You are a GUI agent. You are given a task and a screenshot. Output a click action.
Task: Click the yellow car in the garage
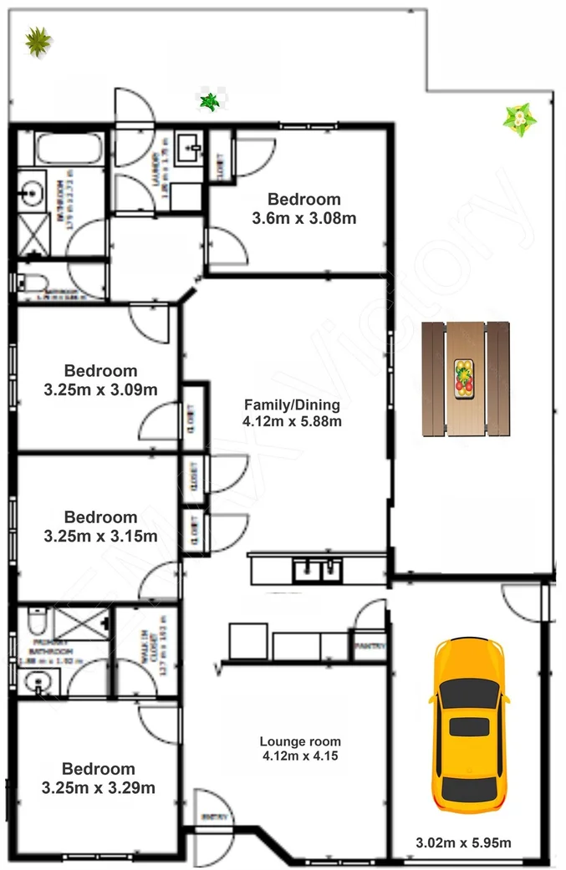coord(467,725)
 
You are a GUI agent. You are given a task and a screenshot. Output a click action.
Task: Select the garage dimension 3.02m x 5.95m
coord(464,842)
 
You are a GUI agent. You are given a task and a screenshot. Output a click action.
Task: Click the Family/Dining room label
coord(291,405)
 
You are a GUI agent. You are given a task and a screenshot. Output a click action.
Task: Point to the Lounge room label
coord(300,741)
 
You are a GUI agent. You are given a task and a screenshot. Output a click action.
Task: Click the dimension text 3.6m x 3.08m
coord(304,219)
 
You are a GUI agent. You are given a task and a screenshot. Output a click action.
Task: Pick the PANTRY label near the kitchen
coord(368,646)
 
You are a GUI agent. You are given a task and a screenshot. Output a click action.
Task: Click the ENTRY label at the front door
coord(207,817)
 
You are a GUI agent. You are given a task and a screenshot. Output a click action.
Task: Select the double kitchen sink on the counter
coord(317,572)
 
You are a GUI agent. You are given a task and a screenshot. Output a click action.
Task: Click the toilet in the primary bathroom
coord(35,620)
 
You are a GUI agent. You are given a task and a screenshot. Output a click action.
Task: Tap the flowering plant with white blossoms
coord(519,120)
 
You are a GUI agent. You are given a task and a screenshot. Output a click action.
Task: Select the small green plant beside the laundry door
coord(209,102)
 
